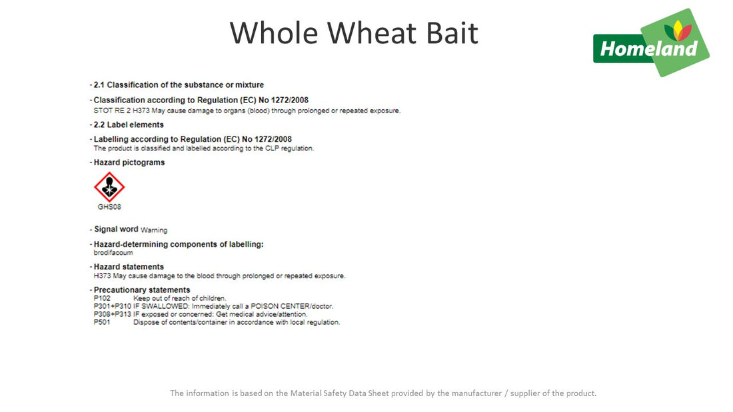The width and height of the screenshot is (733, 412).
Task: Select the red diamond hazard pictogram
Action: (x=109, y=187)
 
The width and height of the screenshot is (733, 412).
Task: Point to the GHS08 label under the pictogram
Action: (x=109, y=207)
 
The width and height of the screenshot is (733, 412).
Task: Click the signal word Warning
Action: (x=154, y=230)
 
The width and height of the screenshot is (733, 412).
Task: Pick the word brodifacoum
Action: (x=113, y=253)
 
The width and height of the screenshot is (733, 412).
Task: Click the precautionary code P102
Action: (x=102, y=298)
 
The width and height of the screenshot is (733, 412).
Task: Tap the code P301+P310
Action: (x=113, y=306)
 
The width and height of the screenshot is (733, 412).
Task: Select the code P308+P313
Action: (x=113, y=314)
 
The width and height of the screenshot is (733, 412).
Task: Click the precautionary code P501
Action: (x=102, y=322)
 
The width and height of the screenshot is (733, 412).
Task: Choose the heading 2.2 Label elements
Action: (x=128, y=125)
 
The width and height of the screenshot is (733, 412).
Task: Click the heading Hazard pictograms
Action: (x=129, y=162)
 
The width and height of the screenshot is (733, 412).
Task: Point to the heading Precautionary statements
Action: (x=141, y=290)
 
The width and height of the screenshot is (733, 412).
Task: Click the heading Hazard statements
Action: (x=129, y=267)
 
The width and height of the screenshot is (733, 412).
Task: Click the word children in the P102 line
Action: (x=213, y=298)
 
